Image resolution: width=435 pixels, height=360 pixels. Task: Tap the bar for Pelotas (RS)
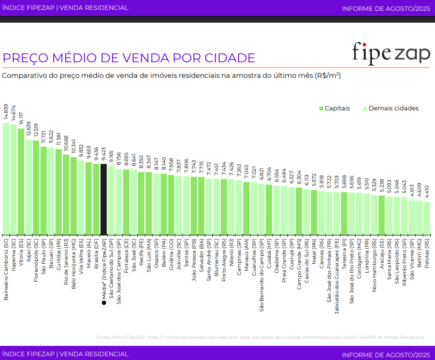coord(427,218)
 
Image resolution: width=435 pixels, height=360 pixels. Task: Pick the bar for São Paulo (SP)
coord(43,191)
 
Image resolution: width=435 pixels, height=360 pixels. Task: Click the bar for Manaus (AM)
coord(246,208)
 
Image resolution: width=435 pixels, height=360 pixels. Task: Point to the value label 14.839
coord(6,111)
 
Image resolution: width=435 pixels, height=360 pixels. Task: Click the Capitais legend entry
coord(334,109)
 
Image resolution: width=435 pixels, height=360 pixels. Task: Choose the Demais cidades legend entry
coord(391,109)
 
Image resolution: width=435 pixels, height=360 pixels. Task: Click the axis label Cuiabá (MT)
coord(269,251)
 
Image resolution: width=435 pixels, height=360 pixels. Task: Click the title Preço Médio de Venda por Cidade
coord(129,58)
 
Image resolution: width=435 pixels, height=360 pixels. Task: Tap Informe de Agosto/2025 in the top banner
coord(386,8)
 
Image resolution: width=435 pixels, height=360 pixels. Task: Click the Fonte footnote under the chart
coord(260,337)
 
